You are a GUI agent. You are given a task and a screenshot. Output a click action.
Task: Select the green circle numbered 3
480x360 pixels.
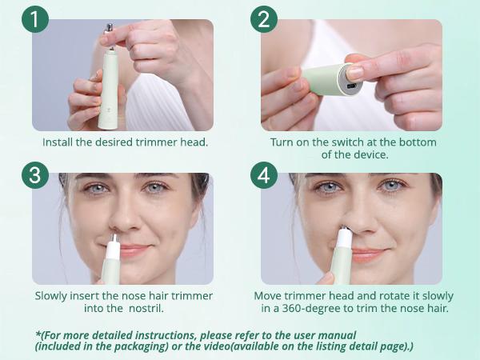[x=35, y=174]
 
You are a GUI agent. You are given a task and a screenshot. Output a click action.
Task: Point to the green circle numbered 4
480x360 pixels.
[x=264, y=174]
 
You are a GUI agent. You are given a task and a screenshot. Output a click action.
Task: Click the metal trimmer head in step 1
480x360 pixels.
[x=108, y=30]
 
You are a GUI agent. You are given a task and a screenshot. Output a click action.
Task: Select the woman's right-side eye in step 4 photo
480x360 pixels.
[x=391, y=186]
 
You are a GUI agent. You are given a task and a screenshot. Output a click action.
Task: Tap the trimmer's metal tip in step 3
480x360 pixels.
[x=113, y=237]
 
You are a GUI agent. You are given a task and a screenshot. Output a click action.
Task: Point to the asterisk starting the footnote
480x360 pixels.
[x=38, y=334]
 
